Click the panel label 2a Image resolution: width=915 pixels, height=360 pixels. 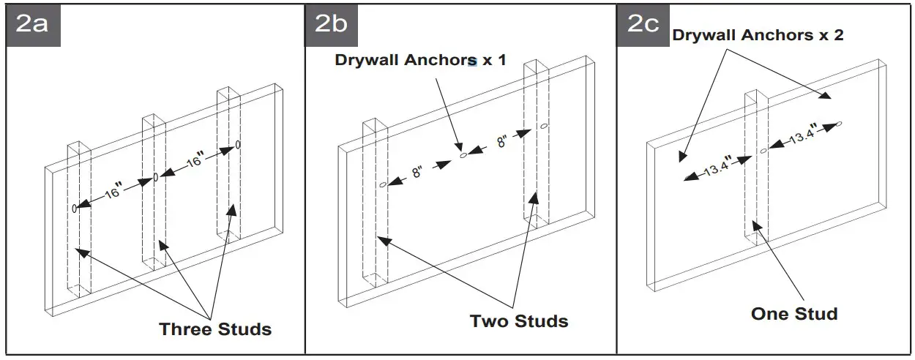pos(33,24)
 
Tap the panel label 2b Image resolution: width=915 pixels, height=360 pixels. pos(332,24)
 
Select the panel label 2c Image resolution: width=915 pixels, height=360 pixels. pos(644,24)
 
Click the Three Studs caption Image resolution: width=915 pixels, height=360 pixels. pos(215,329)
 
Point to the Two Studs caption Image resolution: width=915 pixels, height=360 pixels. pos(519,320)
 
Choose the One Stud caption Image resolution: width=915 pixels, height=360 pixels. pos(794,314)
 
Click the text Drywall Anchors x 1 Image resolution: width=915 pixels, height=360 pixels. pos(420,60)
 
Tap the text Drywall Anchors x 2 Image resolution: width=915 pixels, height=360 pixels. pos(758,34)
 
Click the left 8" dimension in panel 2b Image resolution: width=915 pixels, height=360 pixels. pos(417,173)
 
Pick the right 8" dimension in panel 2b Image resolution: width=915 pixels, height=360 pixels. pos(503,141)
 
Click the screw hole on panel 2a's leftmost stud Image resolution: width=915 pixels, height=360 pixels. pos(75,209)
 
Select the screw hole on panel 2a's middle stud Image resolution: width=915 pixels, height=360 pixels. pos(156,177)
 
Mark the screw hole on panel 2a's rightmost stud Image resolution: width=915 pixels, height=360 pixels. pos(238,145)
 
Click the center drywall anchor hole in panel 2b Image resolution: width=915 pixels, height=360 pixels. pos(463,155)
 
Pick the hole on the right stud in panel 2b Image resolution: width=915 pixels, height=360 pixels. pos(544,127)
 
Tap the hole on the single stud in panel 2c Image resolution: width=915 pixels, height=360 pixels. pos(763,151)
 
